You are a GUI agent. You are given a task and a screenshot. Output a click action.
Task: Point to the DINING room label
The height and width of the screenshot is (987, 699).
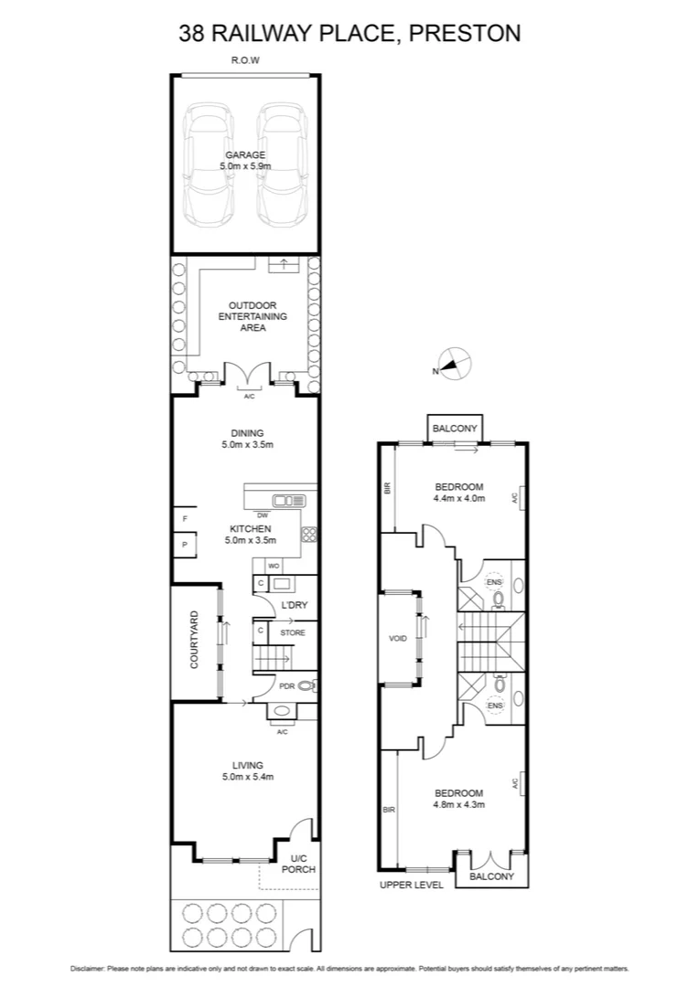pyautogui.click(x=247, y=433)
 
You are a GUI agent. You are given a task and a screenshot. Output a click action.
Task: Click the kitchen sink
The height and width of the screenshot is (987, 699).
pyautogui.click(x=292, y=500)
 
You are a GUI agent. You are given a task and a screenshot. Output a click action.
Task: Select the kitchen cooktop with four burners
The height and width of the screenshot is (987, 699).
pyautogui.click(x=309, y=536)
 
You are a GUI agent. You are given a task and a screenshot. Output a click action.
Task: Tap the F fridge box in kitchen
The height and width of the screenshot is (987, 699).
pyautogui.click(x=185, y=519)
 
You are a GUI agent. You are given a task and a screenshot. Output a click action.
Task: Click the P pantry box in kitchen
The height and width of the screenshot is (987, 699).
pyautogui.click(x=185, y=546)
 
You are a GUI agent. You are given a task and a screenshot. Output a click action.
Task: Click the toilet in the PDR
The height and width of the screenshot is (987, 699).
pyautogui.click(x=306, y=685)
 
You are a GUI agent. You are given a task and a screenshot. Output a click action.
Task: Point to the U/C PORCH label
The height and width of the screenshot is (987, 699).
pyautogui.click(x=302, y=864)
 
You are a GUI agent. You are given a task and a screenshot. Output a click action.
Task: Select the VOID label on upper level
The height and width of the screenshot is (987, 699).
pyautogui.click(x=397, y=638)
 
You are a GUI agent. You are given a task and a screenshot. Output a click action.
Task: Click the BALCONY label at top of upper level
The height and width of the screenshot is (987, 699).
pyautogui.click(x=455, y=428)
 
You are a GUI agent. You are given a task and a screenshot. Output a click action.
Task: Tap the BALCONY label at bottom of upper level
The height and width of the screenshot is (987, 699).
pyautogui.click(x=491, y=876)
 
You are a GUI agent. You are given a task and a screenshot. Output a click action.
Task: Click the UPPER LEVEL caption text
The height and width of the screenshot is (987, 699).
pyautogui.click(x=412, y=885)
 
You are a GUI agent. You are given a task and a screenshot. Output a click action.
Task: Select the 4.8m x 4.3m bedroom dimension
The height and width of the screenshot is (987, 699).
pyautogui.click(x=458, y=805)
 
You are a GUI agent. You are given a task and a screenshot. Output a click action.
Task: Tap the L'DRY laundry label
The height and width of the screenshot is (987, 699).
pyautogui.click(x=293, y=606)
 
